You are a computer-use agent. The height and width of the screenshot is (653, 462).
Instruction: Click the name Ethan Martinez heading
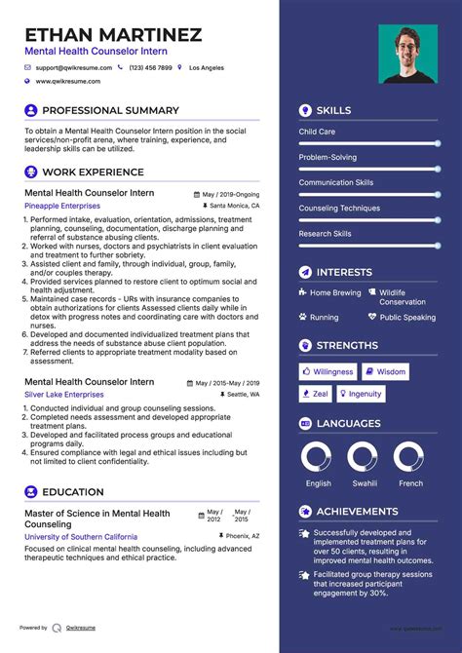113,35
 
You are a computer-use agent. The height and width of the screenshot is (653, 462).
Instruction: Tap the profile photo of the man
408,54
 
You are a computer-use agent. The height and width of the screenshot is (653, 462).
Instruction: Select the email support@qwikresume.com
74,68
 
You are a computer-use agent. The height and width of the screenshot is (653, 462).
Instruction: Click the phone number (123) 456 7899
150,68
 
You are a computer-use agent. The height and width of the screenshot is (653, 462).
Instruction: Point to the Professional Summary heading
110,111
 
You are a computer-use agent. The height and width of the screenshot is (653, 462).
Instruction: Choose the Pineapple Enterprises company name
62,207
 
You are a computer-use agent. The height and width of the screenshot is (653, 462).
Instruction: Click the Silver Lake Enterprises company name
63,395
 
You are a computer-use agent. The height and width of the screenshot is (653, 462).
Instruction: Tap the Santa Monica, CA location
235,207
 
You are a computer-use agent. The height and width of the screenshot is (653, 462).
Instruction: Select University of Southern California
81,536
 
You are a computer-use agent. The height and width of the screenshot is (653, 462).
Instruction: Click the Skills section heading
333,111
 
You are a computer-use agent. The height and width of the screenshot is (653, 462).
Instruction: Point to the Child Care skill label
317,132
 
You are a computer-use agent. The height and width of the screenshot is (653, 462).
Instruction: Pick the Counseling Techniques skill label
339,208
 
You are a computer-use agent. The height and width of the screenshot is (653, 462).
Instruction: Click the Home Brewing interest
334,292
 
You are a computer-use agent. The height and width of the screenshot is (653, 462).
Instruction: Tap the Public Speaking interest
407,317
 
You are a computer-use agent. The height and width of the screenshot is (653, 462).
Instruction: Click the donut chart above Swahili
363,457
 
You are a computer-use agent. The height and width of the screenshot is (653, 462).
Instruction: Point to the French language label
410,483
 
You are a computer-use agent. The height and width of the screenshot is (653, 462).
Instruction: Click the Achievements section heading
357,512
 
